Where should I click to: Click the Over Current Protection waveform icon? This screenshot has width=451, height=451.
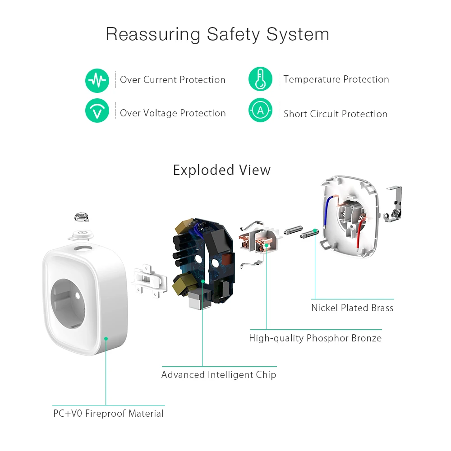[97, 81]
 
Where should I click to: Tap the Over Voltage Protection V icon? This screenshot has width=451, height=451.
[97, 110]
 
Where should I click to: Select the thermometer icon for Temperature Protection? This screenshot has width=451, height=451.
[260, 79]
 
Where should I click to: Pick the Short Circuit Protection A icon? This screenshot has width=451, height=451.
[260, 110]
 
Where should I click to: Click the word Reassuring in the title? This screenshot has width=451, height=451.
[153, 34]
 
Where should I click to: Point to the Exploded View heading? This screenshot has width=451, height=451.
[222, 170]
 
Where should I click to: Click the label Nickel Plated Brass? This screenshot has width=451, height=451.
[352, 308]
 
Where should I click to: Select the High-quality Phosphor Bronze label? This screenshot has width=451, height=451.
[315, 338]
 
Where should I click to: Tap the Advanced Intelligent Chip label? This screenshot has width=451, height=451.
[219, 375]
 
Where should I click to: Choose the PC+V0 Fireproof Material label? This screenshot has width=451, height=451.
[109, 414]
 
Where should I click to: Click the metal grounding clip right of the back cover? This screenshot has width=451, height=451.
[393, 205]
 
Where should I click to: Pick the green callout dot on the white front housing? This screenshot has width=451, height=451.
[106, 338]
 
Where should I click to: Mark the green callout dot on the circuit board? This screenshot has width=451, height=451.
[202, 281]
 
